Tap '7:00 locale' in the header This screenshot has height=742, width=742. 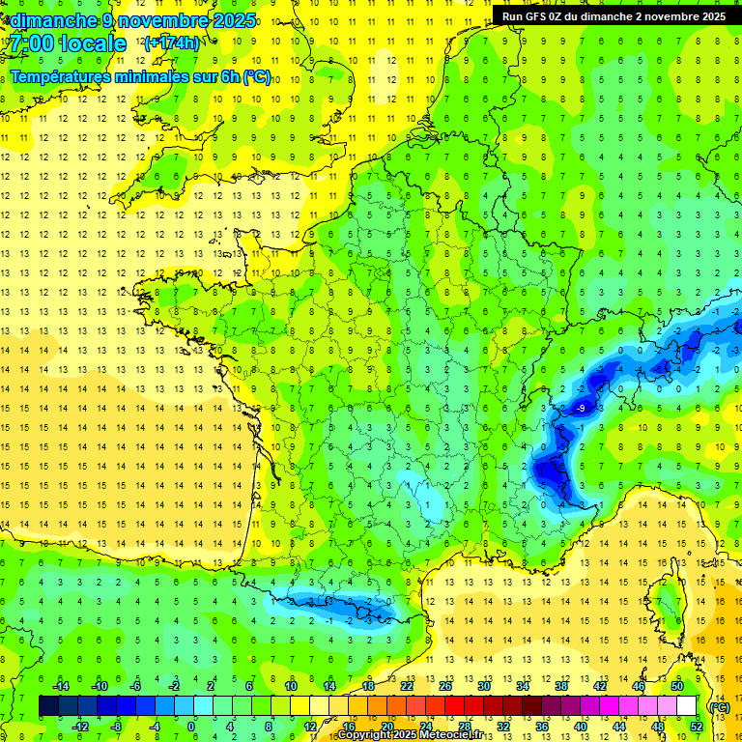coord(68,43)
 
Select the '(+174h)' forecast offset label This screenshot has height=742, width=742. coord(172,43)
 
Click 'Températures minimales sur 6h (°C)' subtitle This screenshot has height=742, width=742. coord(140,76)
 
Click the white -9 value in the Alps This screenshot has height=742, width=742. coord(580,409)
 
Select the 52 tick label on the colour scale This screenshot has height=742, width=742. coord(696,726)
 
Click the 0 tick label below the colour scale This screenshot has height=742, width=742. coord(191,726)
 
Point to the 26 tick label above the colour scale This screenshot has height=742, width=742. coord(445,685)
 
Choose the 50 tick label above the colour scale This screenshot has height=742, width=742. coord(677,685)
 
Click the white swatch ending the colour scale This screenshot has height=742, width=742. coord(686,705)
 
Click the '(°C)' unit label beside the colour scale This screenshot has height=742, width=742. coord(719,706)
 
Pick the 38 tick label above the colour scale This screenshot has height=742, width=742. coord(561,685)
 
